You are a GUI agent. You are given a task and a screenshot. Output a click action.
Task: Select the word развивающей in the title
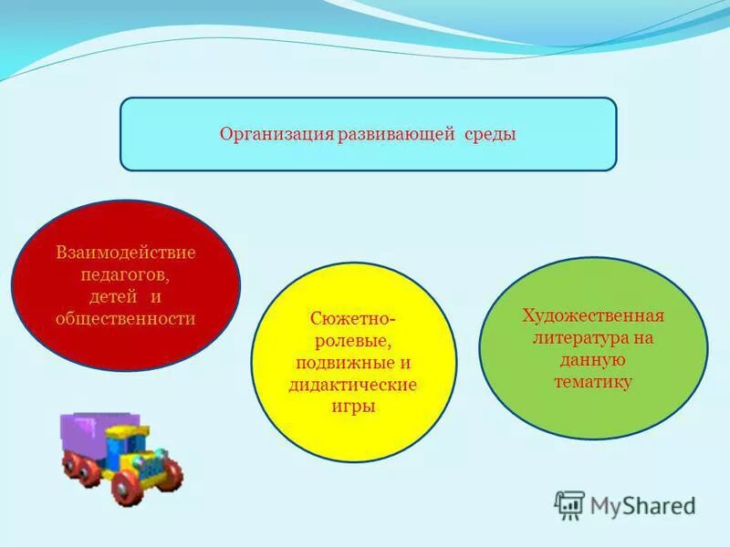(x=396, y=135)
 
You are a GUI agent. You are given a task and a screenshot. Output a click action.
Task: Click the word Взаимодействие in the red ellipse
(x=126, y=252)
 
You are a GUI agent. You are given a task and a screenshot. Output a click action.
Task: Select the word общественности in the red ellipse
(x=126, y=318)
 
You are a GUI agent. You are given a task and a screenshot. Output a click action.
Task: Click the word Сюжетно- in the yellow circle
(x=352, y=319)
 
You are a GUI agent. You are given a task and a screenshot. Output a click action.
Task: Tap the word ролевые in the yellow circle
(x=352, y=341)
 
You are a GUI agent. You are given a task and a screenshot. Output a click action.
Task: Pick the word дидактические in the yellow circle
(x=352, y=385)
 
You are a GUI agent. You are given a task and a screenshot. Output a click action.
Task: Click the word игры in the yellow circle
(x=352, y=407)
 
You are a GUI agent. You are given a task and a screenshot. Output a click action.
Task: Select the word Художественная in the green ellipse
(x=593, y=315)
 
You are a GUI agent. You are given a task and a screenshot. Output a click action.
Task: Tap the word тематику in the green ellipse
(x=593, y=382)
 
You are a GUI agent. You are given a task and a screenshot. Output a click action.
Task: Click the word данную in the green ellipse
(x=593, y=360)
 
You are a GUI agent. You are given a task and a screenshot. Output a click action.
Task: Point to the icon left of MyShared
(x=570, y=504)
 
